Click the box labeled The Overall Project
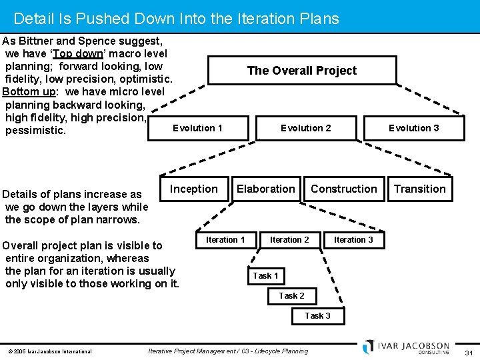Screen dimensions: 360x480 (x=302, y=71)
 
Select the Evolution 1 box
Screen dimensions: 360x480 (x=197, y=128)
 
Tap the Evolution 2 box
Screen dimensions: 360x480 (x=305, y=128)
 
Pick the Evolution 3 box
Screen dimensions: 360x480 (x=413, y=128)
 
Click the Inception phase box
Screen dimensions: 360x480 (x=193, y=189)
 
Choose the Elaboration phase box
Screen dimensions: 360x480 (x=265, y=189)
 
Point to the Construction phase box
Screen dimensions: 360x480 (x=343, y=189)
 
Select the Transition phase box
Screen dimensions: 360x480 (x=419, y=189)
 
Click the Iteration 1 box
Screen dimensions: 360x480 (x=225, y=240)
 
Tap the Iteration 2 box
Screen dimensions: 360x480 (x=289, y=240)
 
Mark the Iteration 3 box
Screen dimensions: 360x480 (x=353, y=240)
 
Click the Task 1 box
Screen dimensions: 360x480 (x=265, y=276)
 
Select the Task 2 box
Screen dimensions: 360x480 (x=291, y=296)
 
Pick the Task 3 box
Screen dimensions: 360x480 (x=317, y=316)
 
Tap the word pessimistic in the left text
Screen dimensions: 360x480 (x=35, y=131)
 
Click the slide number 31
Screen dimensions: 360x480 (x=468, y=352)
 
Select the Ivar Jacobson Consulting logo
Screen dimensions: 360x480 (x=407, y=347)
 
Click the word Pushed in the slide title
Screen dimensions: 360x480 (x=113, y=19)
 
